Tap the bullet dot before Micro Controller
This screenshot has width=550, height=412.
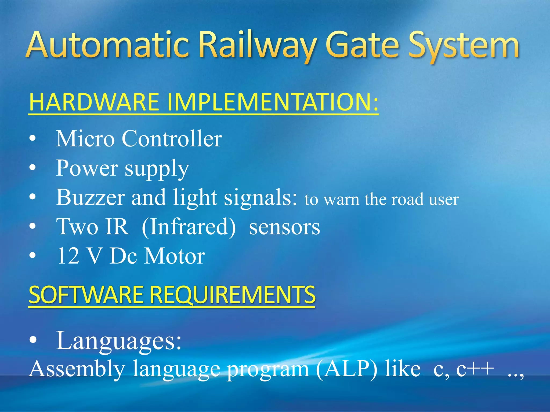(x=32, y=139)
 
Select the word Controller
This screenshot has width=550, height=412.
(x=172, y=139)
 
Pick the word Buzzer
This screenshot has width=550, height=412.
(x=90, y=197)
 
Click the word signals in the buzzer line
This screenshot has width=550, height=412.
(x=260, y=197)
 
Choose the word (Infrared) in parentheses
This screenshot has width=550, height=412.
(x=189, y=227)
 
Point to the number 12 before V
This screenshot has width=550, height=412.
(x=68, y=256)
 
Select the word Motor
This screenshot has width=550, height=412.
(x=175, y=256)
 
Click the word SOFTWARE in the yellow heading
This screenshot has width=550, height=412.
(x=86, y=295)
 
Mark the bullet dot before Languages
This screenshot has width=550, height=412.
(x=32, y=340)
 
